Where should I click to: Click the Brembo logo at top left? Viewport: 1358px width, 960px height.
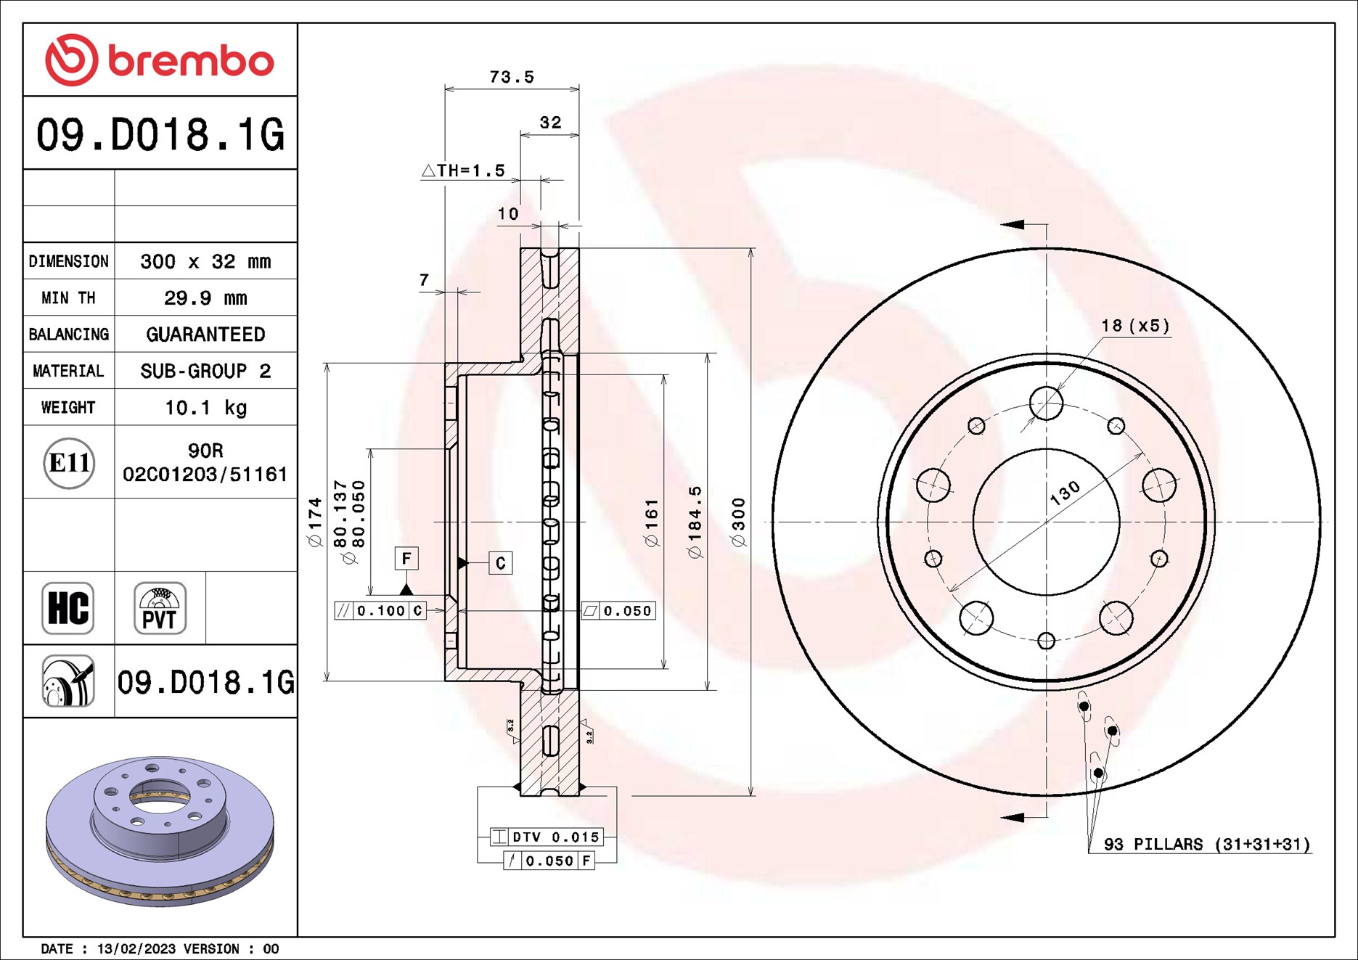[x=160, y=60]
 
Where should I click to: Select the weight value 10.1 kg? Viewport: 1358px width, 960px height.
[x=205, y=408]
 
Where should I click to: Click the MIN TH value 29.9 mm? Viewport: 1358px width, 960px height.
[x=205, y=298]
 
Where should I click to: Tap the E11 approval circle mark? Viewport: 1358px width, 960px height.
[x=69, y=463]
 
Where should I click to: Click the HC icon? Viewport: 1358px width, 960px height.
[x=68, y=608]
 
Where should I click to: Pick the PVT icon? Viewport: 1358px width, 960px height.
[x=160, y=608]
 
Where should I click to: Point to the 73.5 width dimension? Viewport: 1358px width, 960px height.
[x=512, y=77]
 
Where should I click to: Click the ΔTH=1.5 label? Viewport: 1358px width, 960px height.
[x=463, y=171]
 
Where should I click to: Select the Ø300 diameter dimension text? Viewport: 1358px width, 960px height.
[x=738, y=522]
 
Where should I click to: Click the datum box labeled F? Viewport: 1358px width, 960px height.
[x=406, y=558]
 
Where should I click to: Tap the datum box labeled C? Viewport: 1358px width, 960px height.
[x=500, y=563]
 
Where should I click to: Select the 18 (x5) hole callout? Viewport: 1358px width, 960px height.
[x=1135, y=326]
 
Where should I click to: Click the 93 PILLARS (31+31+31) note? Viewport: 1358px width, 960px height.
[x=1206, y=845]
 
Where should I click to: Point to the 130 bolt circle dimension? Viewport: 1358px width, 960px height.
[x=1065, y=493]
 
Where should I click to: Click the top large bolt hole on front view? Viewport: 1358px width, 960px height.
[x=1046, y=403]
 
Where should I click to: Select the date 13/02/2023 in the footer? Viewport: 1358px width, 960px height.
[x=136, y=949]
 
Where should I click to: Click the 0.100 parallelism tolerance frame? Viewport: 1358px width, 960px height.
[x=380, y=611]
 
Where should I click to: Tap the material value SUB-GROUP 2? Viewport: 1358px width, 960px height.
[x=205, y=372]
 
